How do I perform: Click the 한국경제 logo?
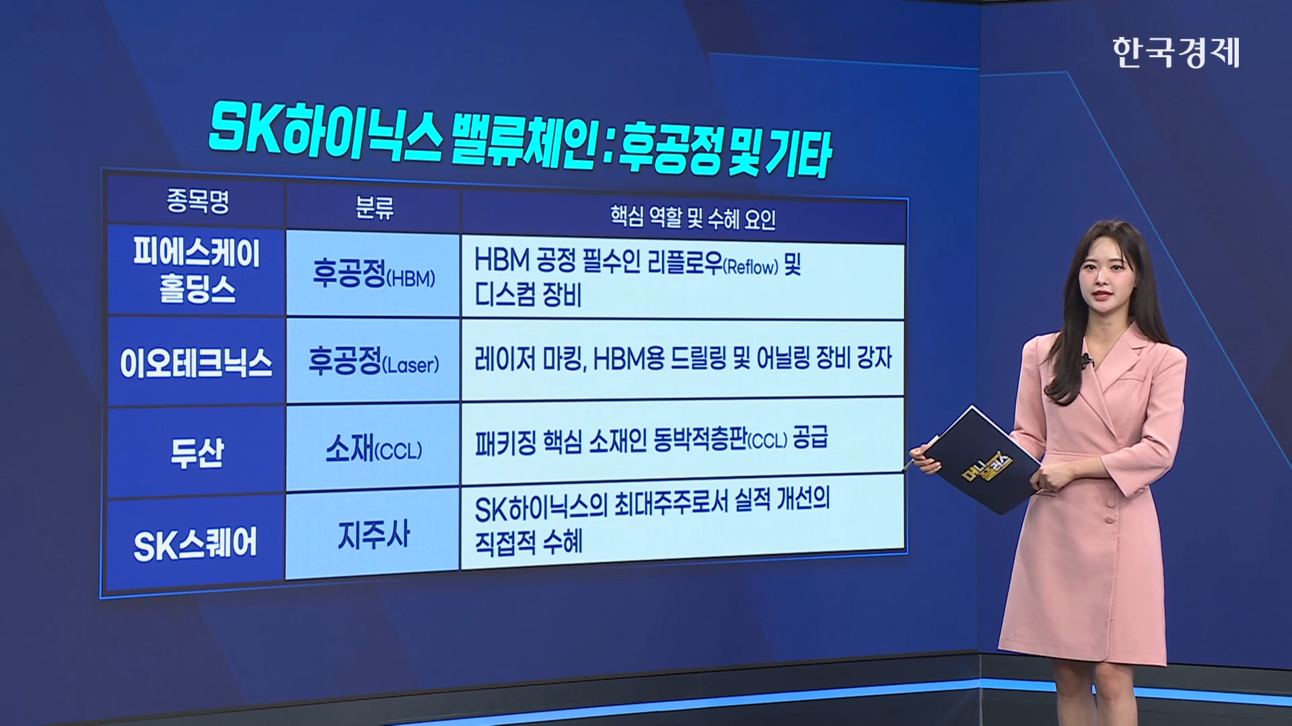coord(1176,52)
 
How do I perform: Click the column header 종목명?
coord(198,200)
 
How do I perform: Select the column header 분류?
coord(374,208)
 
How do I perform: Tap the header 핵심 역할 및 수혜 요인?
coord(692,218)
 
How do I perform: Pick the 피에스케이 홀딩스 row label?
coord(196,270)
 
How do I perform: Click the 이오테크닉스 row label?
coord(196,363)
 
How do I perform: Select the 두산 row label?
coord(196,452)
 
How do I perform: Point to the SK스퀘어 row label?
coord(195,544)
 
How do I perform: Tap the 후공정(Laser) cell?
coord(373,362)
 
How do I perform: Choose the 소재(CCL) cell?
coord(373,448)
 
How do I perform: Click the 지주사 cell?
coord(373,535)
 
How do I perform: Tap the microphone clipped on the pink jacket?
coord(1085,361)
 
